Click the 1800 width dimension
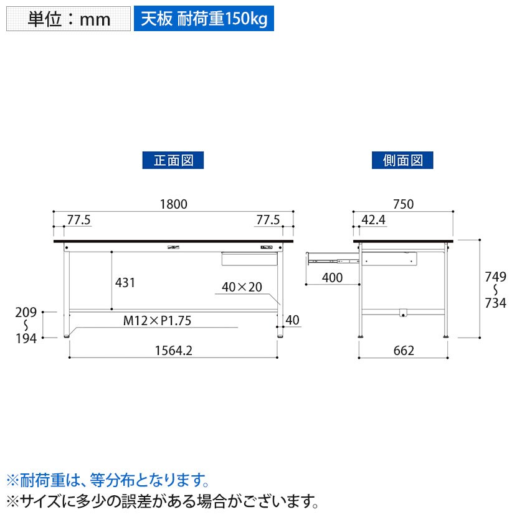pos(174,204)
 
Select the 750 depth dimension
pos(404,204)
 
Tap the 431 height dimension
pos(125,282)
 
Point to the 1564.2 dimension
pos(174,351)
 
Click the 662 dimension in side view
pos(404,351)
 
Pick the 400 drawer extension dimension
pos(333,278)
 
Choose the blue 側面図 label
pos(403,160)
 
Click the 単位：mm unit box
pos(69,19)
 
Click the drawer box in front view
pos(249,258)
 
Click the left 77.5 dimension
pos(79,219)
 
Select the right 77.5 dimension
pos(268,219)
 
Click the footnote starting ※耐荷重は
pos(107,480)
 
